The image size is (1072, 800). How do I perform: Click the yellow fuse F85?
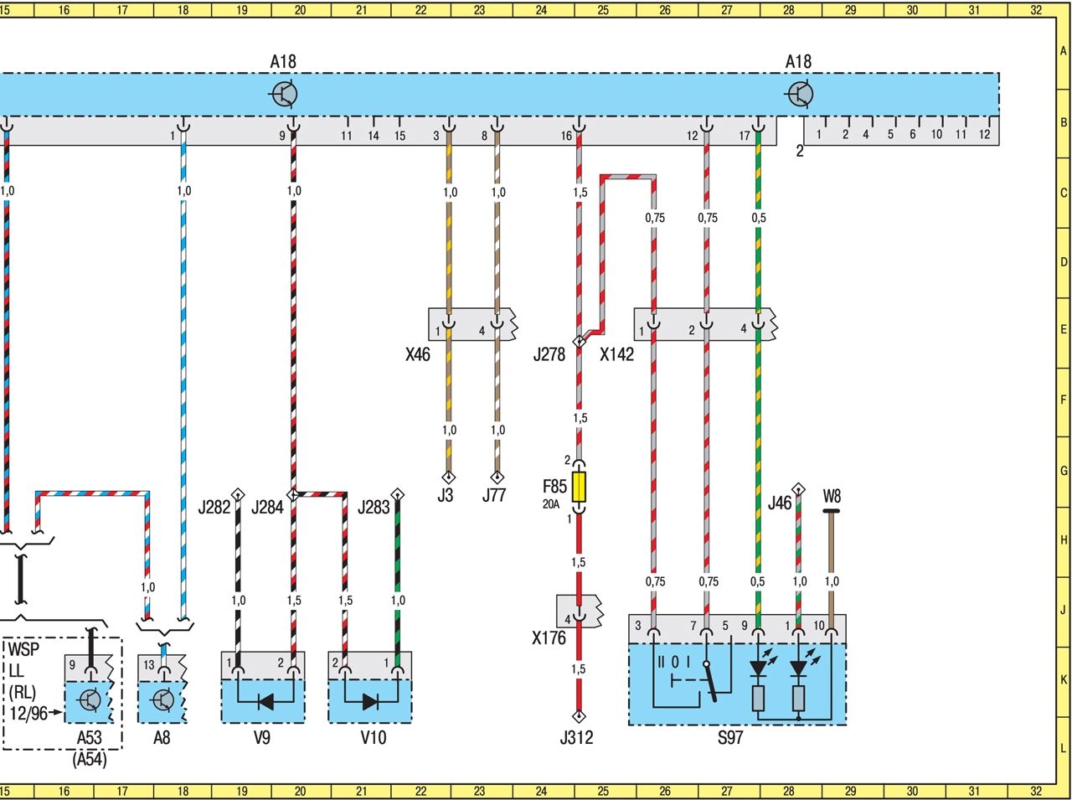(x=579, y=487)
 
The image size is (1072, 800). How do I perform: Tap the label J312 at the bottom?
(x=576, y=738)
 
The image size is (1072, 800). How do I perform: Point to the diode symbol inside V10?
(x=371, y=702)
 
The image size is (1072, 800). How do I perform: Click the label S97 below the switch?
(x=730, y=738)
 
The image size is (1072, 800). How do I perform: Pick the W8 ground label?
(x=832, y=497)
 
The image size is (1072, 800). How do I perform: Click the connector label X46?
(x=417, y=354)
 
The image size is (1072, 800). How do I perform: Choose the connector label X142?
(x=617, y=354)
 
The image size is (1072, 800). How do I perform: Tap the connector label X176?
(x=549, y=638)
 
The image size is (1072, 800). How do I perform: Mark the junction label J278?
(x=549, y=354)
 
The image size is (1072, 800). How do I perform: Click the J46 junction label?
(x=779, y=503)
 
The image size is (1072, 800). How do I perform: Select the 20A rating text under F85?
(x=550, y=504)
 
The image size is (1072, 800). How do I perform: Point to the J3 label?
(x=446, y=495)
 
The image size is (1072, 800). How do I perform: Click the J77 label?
(x=494, y=495)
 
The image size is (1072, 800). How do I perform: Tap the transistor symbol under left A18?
(x=285, y=94)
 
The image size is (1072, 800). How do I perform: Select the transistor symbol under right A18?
(x=800, y=94)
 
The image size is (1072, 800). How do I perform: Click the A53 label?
(x=90, y=738)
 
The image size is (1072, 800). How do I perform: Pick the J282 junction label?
(x=214, y=507)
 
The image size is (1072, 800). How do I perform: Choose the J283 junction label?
(x=374, y=507)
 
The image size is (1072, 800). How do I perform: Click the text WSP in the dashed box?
(x=23, y=651)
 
